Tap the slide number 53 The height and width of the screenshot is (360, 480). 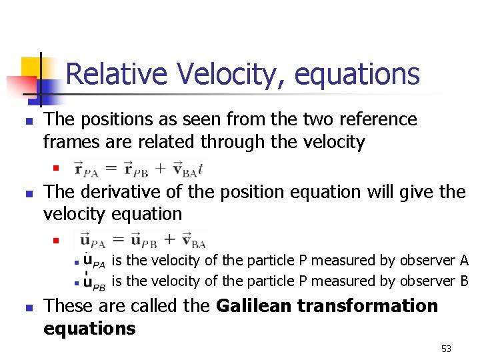[x=446, y=349]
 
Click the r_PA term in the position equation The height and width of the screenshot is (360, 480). [x=86, y=168]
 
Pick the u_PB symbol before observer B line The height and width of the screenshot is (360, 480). [x=94, y=283]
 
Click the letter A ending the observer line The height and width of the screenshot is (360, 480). [x=464, y=260]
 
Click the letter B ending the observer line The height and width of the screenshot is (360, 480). [x=464, y=281]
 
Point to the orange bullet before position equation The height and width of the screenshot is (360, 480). [x=57, y=167]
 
